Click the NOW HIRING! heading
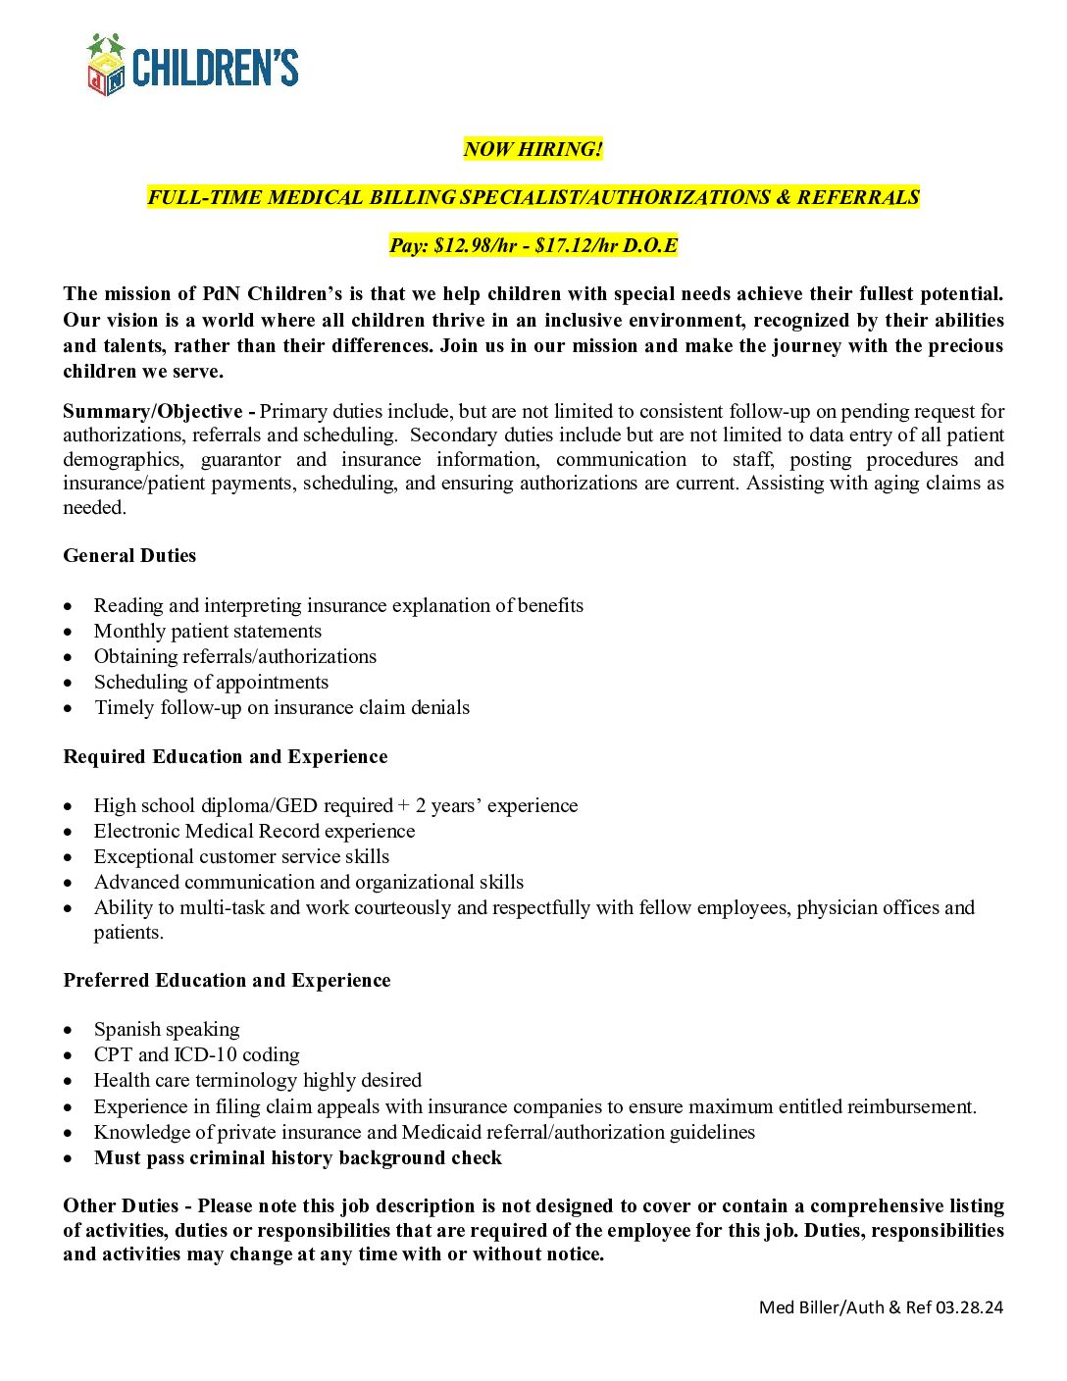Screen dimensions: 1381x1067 (533, 149)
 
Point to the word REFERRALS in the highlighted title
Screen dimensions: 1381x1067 (857, 197)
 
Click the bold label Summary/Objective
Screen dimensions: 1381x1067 (153, 411)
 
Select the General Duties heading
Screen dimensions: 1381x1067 (129, 556)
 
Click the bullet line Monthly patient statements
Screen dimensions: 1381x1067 (207, 632)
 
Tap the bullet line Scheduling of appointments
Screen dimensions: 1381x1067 (211, 683)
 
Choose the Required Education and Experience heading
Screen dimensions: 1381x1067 (225, 757)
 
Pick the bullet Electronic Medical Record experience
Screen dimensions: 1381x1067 (254, 832)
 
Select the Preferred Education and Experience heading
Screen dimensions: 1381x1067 (227, 981)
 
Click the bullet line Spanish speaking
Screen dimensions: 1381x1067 (167, 1030)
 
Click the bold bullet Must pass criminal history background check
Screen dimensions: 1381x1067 (297, 1158)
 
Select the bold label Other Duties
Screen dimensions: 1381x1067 (121, 1206)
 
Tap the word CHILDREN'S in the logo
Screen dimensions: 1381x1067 (215, 69)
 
